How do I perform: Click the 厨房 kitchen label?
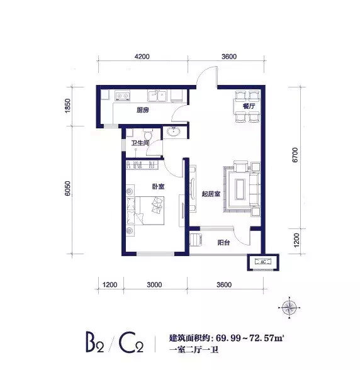143,110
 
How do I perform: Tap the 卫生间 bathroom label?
140,143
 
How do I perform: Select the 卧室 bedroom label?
158,187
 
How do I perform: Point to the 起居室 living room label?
211,194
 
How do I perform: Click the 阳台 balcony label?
223,243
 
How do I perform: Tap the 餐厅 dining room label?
249,106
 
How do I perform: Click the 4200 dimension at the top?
142,57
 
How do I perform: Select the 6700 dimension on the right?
295,155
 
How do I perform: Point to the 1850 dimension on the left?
67,106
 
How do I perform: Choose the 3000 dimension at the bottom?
154,284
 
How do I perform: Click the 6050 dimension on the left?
67,189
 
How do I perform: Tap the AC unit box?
263,262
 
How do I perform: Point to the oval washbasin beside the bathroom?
174,132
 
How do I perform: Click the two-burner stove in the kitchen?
123,96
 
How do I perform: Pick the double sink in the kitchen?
157,96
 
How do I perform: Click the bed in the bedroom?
145,210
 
